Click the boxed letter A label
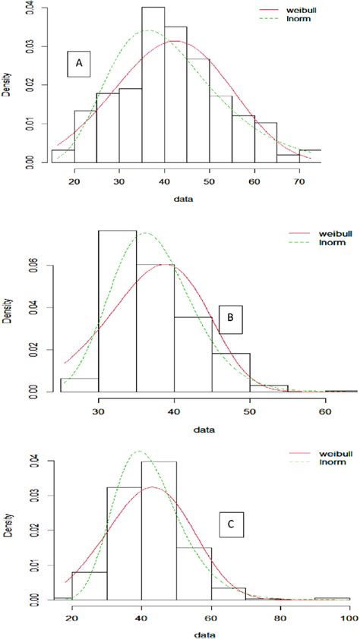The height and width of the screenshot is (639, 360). (x=78, y=65)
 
